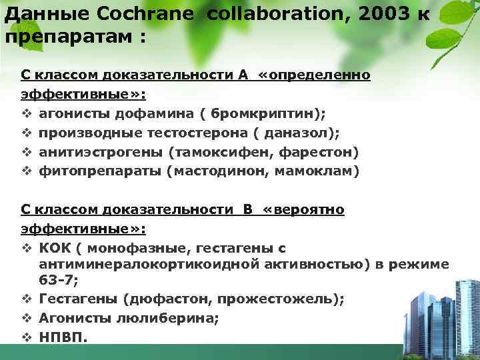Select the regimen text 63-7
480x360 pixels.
(x=56, y=281)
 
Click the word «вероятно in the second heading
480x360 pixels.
(x=304, y=210)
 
